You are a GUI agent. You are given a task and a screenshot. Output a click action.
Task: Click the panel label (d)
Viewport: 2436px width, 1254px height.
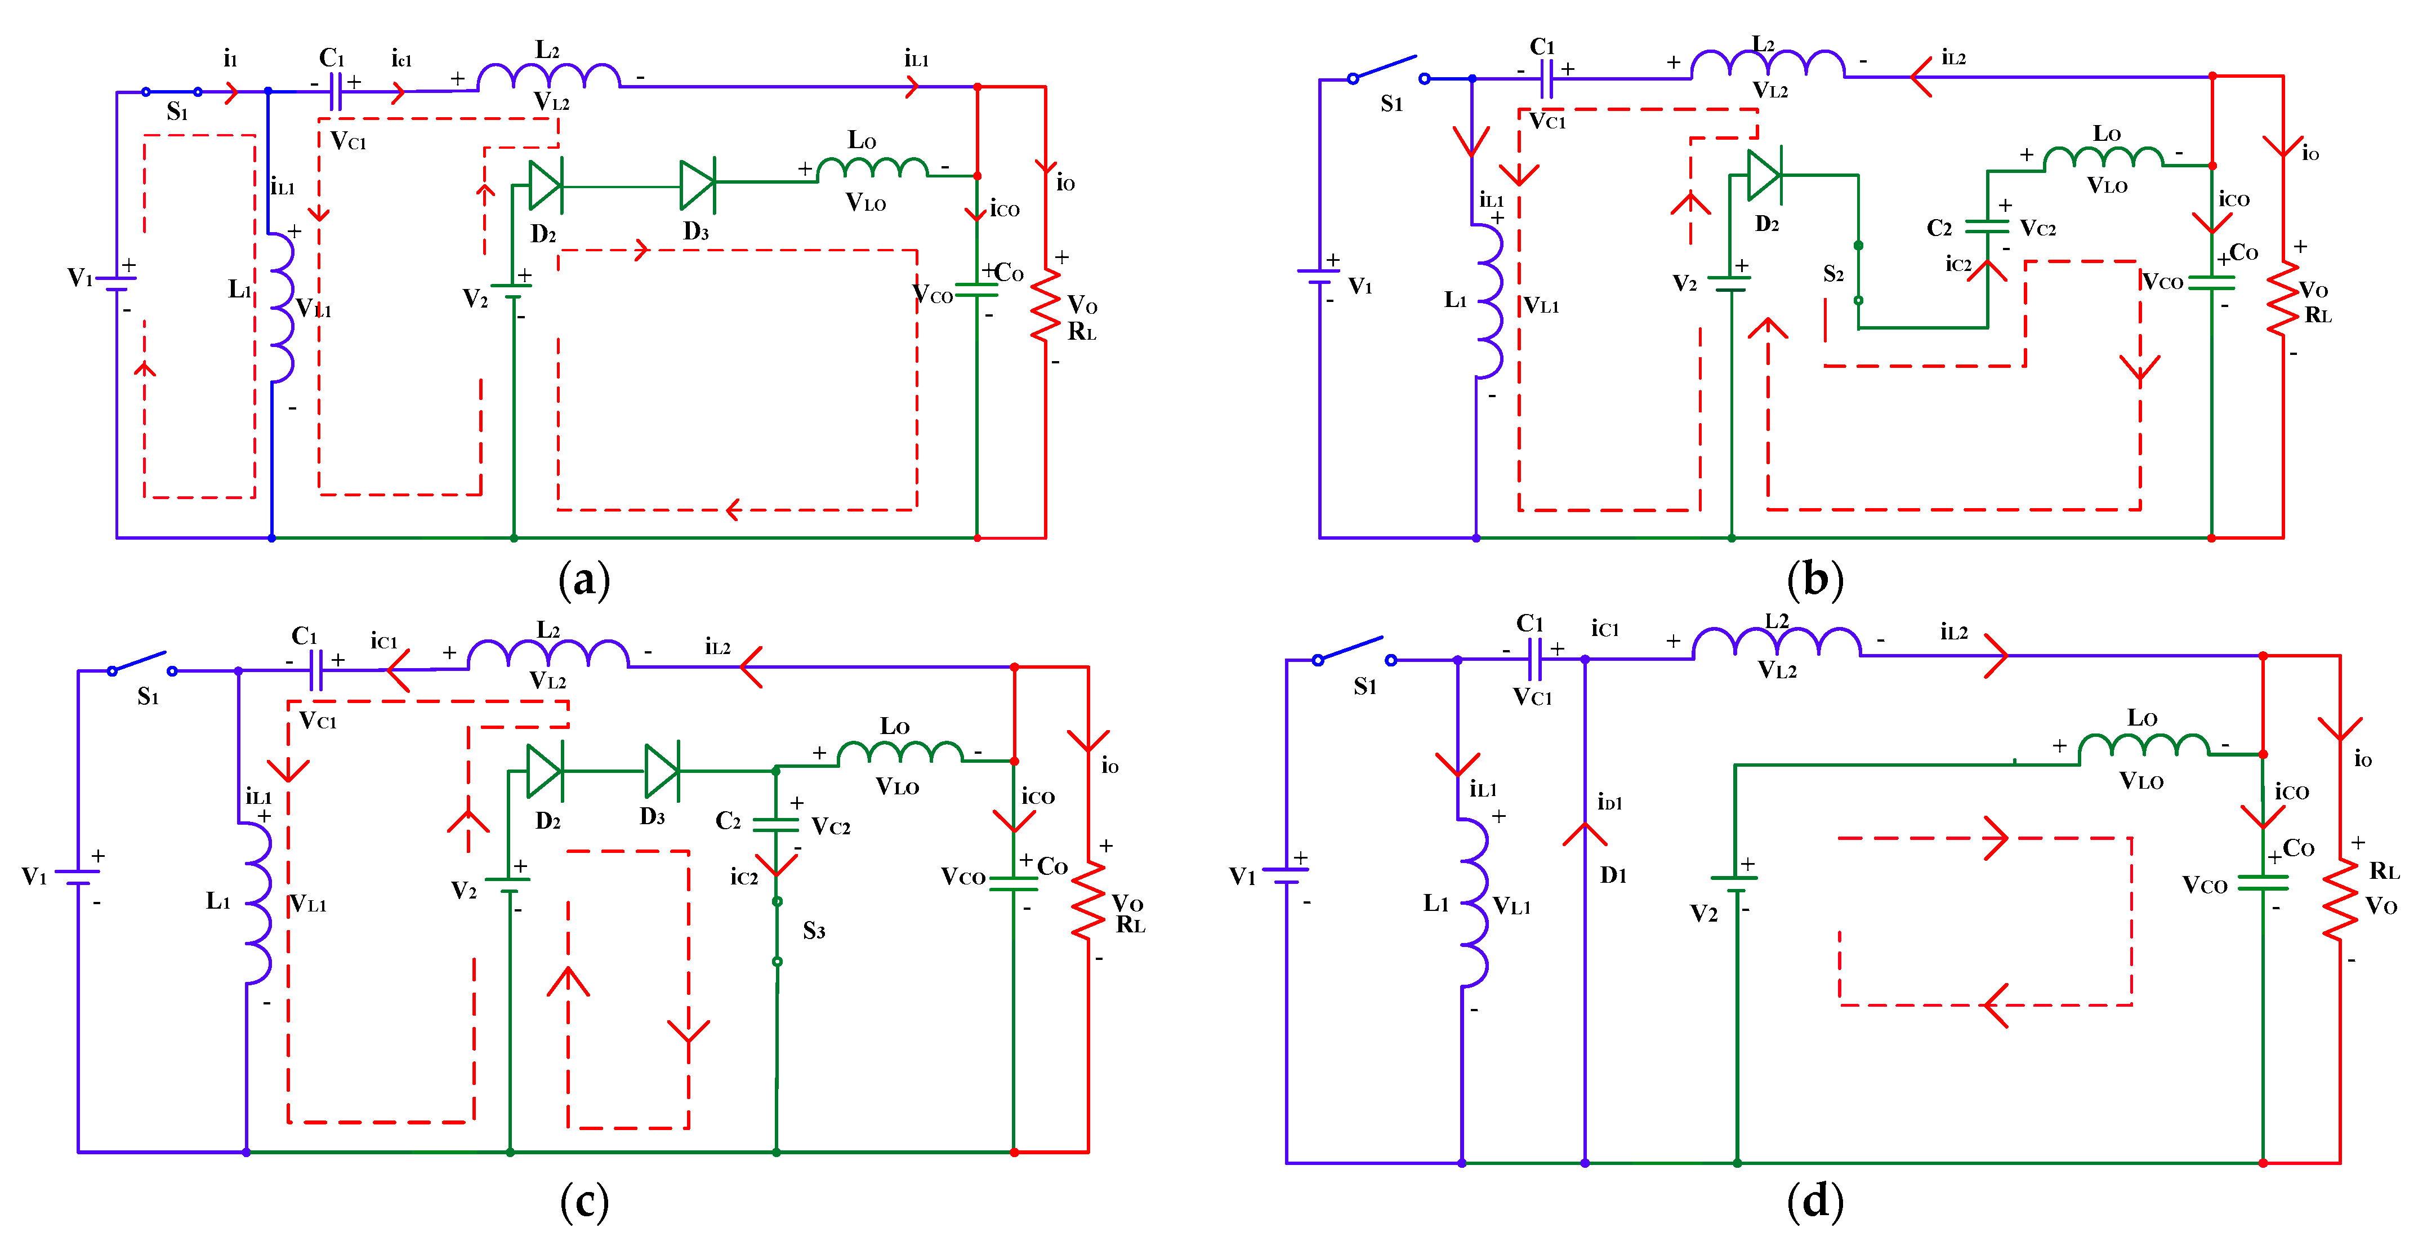1815,1201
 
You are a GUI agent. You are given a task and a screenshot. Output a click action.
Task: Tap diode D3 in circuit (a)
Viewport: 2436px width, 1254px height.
698,185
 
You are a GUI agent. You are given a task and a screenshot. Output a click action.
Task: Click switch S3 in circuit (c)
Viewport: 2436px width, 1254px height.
777,932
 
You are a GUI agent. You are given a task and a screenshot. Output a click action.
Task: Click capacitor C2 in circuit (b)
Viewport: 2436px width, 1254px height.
1987,227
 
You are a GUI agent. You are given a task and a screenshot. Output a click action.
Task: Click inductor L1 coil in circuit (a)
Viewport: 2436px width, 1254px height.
281,308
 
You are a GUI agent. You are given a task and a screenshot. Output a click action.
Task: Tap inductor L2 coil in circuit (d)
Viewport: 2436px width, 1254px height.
1776,644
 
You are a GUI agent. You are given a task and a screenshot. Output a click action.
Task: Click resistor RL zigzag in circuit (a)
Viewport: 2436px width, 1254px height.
1045,305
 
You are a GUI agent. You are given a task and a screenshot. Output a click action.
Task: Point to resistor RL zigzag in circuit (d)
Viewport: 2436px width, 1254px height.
2340,899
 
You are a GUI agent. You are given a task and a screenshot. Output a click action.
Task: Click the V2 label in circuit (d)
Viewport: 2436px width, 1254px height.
1703,914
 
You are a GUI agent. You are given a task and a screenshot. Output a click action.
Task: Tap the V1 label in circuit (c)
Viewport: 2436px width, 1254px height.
34,877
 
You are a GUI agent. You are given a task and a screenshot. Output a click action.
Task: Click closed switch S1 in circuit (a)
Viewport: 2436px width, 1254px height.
171,92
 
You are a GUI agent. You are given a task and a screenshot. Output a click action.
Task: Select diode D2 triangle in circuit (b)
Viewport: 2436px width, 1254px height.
1764,175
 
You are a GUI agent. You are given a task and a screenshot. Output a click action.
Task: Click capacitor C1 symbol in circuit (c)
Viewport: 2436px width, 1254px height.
316,670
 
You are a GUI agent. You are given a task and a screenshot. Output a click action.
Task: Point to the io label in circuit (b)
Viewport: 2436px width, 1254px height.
2310,153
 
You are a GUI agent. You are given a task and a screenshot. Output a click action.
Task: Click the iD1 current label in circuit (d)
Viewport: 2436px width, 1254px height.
1609,803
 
